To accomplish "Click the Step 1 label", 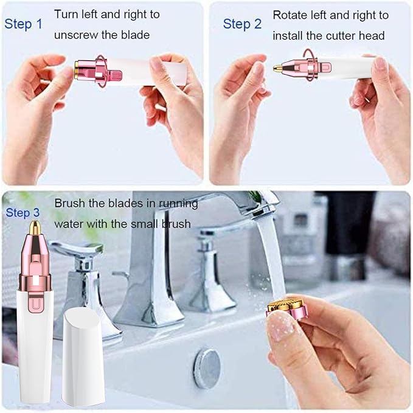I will [x=24, y=24].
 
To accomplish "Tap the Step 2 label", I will [x=242, y=24].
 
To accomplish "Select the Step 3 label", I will [x=24, y=213].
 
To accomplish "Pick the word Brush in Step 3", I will [x=71, y=203].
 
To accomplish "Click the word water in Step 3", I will [x=69, y=224].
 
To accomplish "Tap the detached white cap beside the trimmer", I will [x=83, y=355].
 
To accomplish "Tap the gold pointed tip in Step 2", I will [x=278, y=68].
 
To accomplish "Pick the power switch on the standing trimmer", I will [x=35, y=302].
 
